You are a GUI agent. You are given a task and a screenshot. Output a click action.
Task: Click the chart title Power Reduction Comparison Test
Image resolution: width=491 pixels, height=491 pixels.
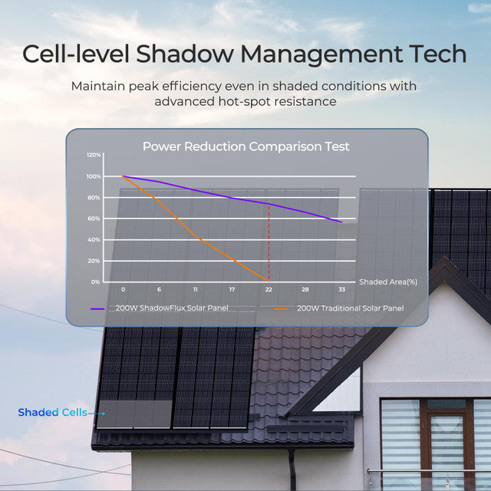tap(245, 146)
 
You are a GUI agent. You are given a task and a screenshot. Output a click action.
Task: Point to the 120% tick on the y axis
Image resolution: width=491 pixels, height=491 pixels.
tap(93, 155)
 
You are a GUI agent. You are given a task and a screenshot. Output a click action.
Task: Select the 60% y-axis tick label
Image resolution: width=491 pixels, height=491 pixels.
tap(94, 219)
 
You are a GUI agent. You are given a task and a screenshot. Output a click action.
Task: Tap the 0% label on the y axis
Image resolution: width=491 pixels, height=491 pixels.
tap(96, 282)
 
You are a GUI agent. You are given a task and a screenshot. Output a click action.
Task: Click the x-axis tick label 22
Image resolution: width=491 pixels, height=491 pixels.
tap(269, 289)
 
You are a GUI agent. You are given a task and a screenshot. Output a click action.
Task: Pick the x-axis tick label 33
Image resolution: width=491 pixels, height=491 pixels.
tap(341, 289)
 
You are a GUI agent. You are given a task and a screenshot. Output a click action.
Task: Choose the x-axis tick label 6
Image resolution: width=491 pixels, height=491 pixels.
tap(159, 289)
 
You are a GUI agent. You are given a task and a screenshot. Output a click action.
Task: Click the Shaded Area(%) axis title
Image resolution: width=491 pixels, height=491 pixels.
tap(387, 282)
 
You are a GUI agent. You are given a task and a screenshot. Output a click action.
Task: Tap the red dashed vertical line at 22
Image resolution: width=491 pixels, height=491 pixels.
tap(269, 245)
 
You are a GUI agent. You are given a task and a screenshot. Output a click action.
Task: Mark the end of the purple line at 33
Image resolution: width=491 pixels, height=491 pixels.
tap(341, 222)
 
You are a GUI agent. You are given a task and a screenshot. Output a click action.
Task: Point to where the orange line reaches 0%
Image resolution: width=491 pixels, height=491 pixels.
tap(268, 281)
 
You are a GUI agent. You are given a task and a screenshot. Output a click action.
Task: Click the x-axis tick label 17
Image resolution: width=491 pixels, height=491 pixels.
tap(232, 289)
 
